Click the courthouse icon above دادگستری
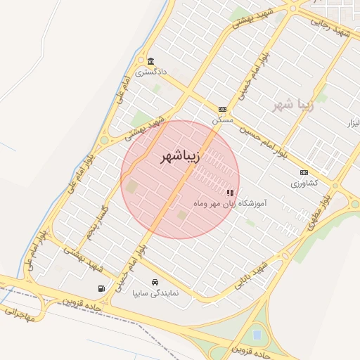(150, 60)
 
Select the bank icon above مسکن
(222, 109)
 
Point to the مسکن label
(223, 120)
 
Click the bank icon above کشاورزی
(304, 172)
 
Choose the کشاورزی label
(304, 183)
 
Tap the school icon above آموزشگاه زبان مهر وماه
(229, 192)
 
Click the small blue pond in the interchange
(257, 333)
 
